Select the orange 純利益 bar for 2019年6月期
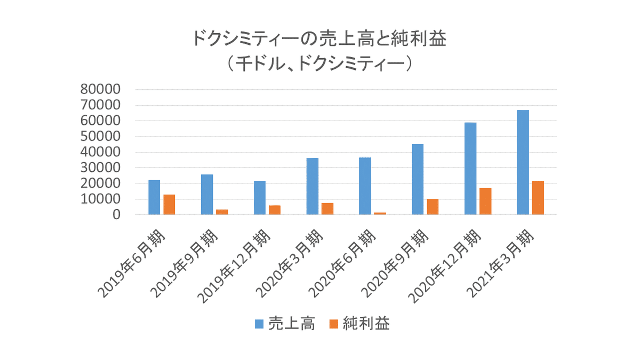(169, 205)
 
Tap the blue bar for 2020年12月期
(470, 169)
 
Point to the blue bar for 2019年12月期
(260, 198)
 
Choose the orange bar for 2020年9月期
(433, 207)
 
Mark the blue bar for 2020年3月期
(313, 186)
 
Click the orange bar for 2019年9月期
(222, 212)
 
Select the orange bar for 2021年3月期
(538, 198)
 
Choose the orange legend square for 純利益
(333, 324)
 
